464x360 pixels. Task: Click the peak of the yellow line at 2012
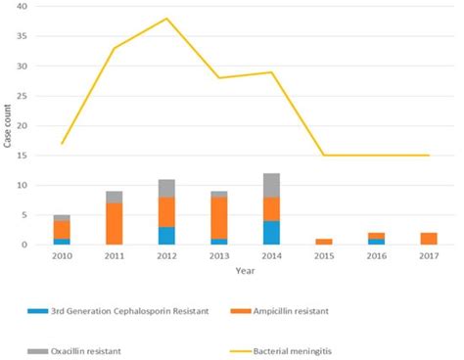tap(166, 19)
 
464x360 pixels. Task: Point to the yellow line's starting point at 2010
tap(61, 144)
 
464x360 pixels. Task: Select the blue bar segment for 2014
tap(272, 233)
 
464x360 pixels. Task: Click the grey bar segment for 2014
tap(272, 185)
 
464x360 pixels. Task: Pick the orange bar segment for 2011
tap(114, 224)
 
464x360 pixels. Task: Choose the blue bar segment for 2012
tap(166, 236)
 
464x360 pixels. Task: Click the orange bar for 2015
tap(325, 242)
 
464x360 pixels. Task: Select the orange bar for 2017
tap(430, 239)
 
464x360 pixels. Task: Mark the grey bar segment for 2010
tap(61, 218)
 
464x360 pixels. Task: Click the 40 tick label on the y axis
tap(22, 7)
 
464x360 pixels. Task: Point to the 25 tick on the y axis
tap(22, 96)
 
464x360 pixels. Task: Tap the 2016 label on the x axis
tap(377, 255)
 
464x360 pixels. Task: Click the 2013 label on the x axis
tap(219, 255)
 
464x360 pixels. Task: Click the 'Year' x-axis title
tap(245, 270)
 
